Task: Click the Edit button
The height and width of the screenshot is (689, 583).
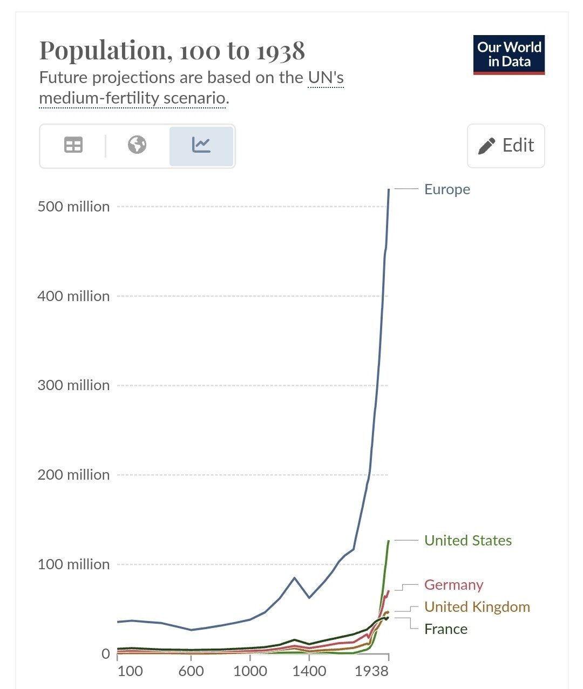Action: point(506,146)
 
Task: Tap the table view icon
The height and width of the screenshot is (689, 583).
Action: point(73,145)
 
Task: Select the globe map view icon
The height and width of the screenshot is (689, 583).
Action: point(137,145)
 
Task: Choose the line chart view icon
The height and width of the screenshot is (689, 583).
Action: point(201,145)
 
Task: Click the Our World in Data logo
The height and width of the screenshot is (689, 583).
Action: point(509,54)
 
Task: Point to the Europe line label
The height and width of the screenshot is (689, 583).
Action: point(447,189)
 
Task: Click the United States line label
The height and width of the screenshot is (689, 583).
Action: point(467,541)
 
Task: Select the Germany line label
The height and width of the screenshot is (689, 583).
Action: point(453,585)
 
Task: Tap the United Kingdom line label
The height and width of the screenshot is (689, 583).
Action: point(477,607)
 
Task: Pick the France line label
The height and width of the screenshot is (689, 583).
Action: point(445,629)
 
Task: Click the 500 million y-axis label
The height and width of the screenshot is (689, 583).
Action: point(73,207)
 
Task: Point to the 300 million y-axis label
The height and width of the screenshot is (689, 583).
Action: point(73,385)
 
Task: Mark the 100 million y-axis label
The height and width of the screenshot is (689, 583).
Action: point(73,564)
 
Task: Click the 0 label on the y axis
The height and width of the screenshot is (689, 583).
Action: point(105,654)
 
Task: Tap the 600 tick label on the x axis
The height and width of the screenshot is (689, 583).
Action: point(191,671)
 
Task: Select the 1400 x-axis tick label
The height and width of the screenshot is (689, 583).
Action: point(309,671)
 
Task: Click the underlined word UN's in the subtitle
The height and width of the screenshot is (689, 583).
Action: point(326,78)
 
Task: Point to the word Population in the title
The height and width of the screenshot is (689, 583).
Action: point(102,51)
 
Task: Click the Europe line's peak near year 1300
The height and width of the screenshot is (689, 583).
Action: point(294,578)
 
